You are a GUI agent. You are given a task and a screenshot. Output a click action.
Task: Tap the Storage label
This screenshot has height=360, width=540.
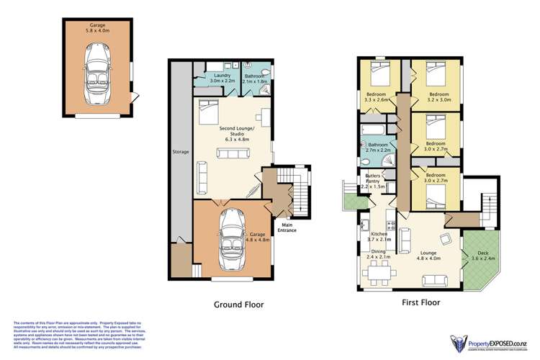180,153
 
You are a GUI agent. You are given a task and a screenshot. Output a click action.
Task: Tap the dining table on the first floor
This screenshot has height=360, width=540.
379,272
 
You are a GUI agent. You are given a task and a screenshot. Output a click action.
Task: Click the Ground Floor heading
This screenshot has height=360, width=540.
238,305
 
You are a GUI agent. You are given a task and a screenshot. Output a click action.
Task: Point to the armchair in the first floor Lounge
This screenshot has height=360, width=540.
448,239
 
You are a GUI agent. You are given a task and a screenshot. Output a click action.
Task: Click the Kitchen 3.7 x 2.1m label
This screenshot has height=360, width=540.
379,238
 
